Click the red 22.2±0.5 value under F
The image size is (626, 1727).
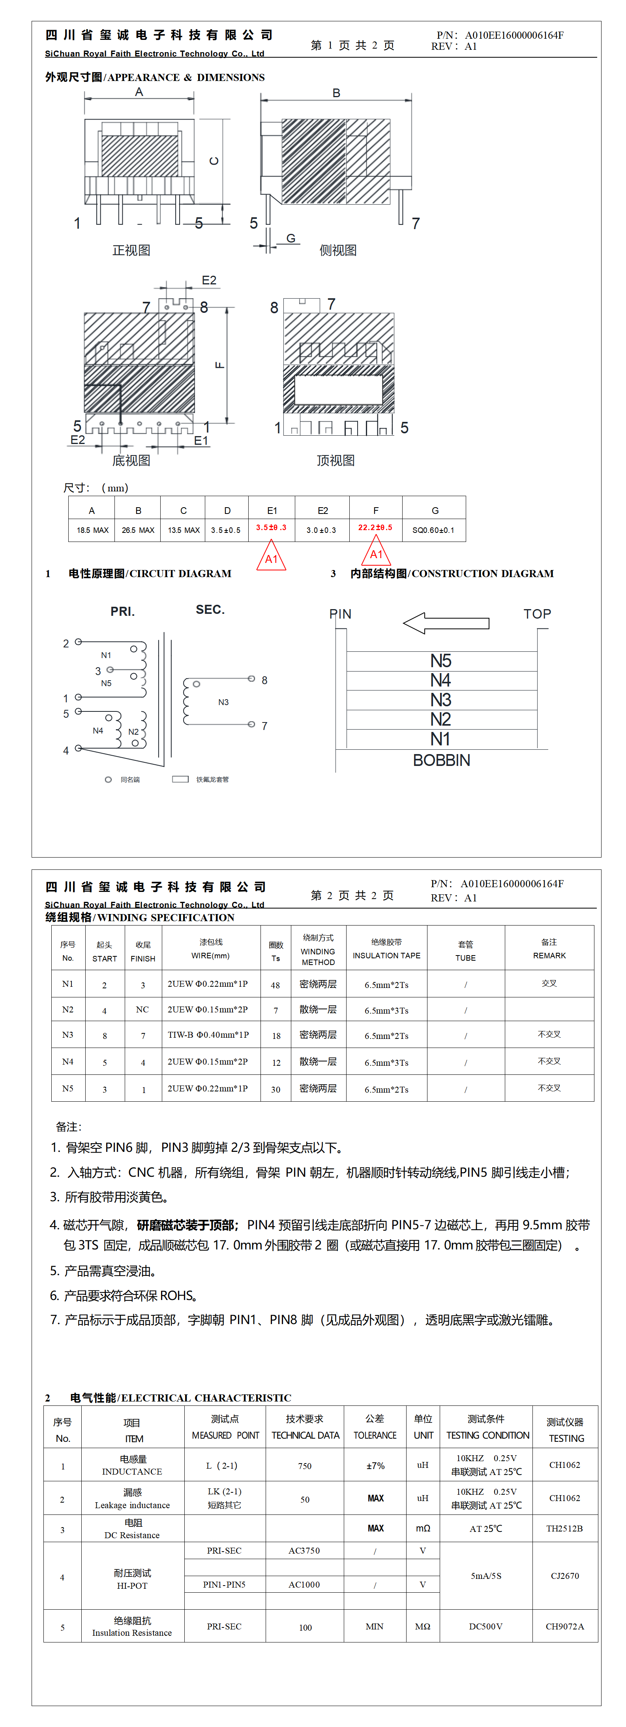[375, 528]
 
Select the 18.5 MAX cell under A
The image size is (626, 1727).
[92, 530]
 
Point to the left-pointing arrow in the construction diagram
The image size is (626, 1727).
[446, 623]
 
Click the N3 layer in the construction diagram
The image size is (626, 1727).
[441, 700]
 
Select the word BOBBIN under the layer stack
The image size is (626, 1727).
[442, 760]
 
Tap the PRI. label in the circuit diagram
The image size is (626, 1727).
[123, 611]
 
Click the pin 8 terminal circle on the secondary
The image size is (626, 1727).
[251, 679]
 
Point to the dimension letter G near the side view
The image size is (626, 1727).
[291, 238]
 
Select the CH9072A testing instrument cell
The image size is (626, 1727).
[564, 1626]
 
